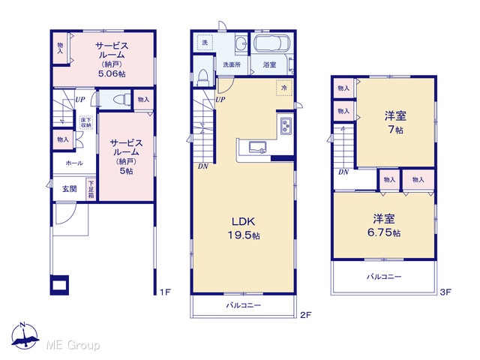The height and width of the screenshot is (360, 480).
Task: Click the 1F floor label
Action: coord(165,292)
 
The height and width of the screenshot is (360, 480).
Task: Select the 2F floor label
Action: coord(305,315)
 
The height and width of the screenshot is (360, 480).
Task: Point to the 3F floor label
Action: coord(445,292)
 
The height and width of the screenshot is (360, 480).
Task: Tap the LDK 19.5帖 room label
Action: coord(243,228)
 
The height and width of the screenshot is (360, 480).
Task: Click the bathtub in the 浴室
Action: coord(270,43)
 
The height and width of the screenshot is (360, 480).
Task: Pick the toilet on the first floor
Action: coord(120,100)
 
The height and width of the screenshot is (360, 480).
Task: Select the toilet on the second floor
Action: coord(203,78)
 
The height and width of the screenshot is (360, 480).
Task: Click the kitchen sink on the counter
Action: coord(257,147)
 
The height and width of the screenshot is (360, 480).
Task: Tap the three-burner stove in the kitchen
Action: coord(286,126)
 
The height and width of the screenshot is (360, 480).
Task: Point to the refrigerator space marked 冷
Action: coord(284,88)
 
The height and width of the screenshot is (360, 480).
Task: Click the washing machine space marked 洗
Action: coord(205,43)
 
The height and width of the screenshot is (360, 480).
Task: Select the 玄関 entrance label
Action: coord(70,189)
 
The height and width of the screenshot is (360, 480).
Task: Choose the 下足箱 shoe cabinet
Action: coord(91,189)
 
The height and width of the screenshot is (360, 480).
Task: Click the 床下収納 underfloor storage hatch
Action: coord(86,122)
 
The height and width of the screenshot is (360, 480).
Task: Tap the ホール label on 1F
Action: coord(74,163)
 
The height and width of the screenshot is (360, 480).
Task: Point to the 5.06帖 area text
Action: coord(112,73)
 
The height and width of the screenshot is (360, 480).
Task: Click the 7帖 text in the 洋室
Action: coord(395,130)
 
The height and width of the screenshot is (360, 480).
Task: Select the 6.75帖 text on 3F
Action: coord(384,232)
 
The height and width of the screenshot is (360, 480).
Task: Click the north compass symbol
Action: coord(25,336)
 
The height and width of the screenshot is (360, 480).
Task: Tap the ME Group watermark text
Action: coord(73,346)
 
